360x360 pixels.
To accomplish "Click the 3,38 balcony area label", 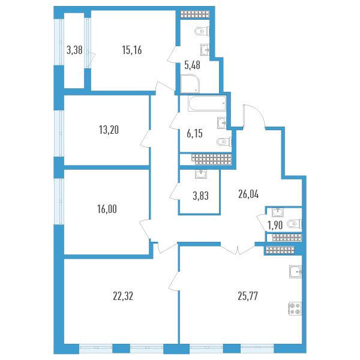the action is coord(74,50).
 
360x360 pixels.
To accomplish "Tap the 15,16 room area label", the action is coord(132,50).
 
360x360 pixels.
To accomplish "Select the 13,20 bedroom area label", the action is coord(109,130).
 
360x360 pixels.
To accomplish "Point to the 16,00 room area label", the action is coord(107,209).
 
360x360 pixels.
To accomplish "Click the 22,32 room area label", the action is coord(123,296).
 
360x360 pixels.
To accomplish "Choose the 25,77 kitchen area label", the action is coord(248,296).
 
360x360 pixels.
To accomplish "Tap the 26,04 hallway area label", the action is coord(248,194).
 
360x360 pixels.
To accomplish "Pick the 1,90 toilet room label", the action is coord(275,226).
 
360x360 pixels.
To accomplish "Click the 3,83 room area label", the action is coord(200,196).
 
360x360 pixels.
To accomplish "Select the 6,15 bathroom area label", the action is coord(194,134).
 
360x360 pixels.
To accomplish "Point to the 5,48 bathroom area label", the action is coord(193,65).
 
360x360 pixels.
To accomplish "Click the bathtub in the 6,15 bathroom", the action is coord(207,104).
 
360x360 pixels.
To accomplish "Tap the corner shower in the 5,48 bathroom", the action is coord(190,83).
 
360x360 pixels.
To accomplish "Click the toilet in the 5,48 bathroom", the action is coord(202,31).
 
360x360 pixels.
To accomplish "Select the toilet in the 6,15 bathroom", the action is coord(224,142).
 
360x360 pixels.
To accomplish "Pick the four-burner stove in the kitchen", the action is coord(295,309).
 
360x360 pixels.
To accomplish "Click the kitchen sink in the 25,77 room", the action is coord(295,272).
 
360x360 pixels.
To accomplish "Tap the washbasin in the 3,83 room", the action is coord(201,174).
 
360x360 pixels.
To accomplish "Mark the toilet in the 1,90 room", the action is coord(295,224).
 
